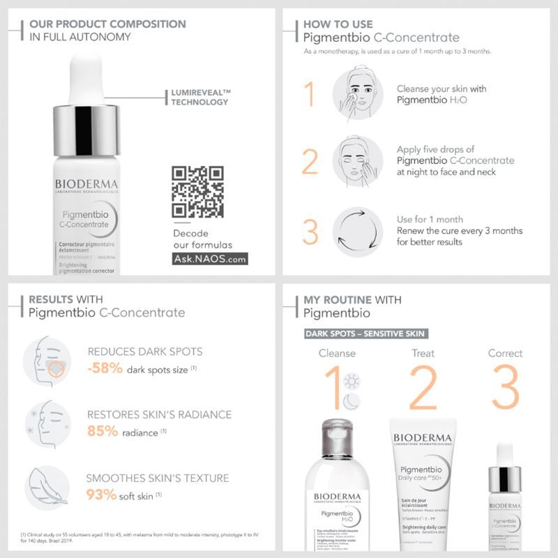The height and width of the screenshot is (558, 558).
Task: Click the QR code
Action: (x=197, y=191)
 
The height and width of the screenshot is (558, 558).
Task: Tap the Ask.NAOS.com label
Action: (x=210, y=259)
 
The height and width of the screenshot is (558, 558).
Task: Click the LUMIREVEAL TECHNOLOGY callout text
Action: (x=201, y=97)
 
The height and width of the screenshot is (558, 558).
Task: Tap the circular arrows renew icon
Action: (x=358, y=232)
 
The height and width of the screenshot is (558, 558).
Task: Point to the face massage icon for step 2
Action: (x=358, y=161)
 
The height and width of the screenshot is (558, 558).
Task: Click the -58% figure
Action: (x=105, y=369)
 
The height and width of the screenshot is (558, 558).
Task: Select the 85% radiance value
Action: (x=103, y=431)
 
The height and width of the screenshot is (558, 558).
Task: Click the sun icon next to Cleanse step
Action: (x=352, y=381)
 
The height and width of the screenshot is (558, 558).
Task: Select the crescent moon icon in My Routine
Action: (x=351, y=401)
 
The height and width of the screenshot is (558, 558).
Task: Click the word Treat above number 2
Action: (x=423, y=353)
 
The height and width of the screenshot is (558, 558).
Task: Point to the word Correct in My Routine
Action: (x=505, y=353)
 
